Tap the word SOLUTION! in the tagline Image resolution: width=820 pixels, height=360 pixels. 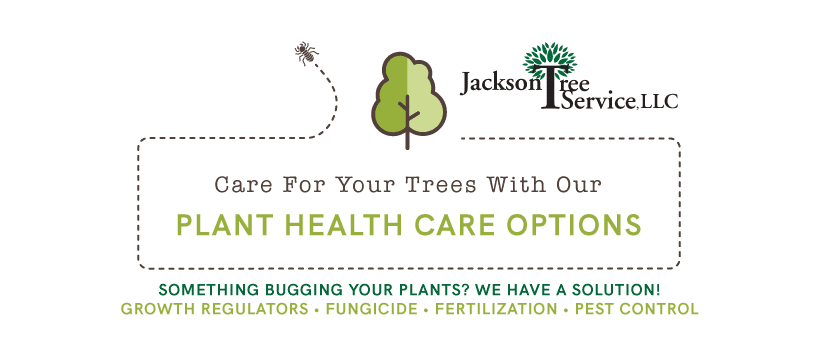point(617,289)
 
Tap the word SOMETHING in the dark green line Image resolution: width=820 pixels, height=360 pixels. point(194,289)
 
